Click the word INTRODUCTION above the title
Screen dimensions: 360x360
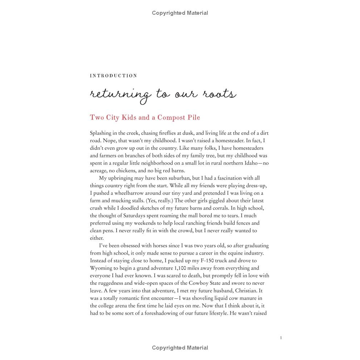tap(113, 76)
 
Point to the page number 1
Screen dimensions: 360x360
tap(280, 338)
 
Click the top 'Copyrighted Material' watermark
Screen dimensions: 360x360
tap(180, 13)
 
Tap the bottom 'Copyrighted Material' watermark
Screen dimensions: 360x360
tap(180, 348)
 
